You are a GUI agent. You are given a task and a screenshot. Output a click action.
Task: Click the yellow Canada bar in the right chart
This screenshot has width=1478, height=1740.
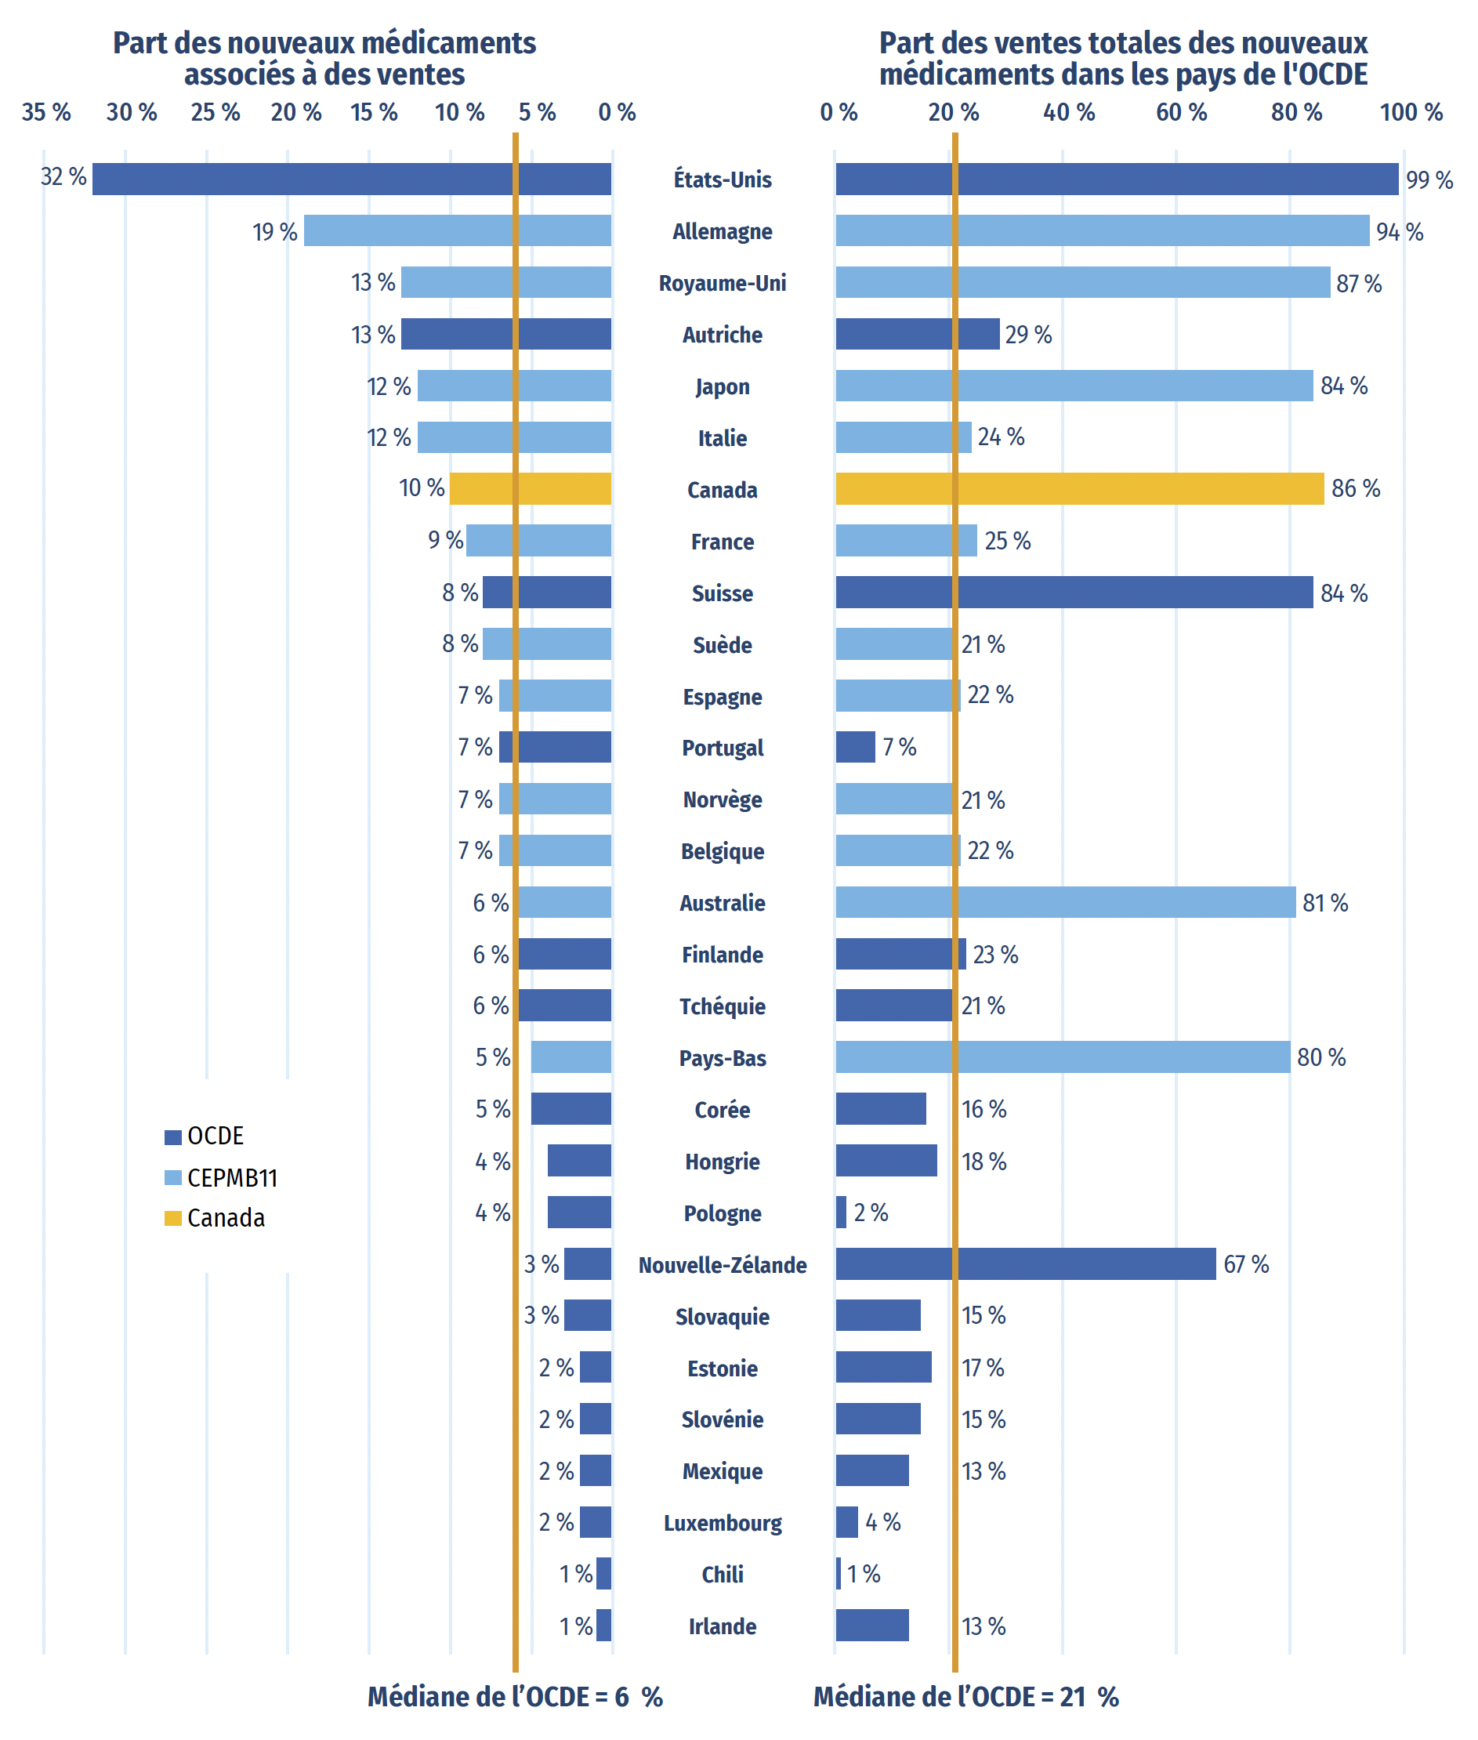pos(1080,488)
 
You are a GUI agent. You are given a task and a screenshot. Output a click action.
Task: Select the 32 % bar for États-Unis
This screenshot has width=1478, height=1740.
pos(352,179)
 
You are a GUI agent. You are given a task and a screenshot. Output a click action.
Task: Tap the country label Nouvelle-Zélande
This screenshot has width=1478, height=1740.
pos(723,1265)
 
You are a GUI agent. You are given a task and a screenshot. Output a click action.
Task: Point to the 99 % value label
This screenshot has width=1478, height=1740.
pos(1429,180)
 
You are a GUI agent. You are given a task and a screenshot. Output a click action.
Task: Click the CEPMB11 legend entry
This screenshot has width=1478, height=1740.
pos(220,1177)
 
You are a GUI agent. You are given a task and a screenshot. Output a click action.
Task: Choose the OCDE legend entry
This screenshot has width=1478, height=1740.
pos(204,1136)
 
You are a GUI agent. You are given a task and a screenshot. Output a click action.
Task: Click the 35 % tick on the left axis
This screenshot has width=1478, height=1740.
pos(46,111)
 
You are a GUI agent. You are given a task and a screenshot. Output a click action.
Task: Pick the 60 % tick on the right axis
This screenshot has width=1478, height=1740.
pos(1182,111)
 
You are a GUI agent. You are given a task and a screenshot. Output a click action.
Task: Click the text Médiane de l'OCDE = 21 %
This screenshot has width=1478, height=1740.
pos(966,1696)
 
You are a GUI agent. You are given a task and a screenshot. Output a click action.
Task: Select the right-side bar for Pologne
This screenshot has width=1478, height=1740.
pos(841,1212)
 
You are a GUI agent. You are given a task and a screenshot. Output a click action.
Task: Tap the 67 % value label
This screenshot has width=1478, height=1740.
pos(1246,1264)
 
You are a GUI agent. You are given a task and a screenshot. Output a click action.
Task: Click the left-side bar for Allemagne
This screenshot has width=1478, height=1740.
pos(458,230)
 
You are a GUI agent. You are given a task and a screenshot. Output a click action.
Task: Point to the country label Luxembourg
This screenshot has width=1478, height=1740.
pos(723,1523)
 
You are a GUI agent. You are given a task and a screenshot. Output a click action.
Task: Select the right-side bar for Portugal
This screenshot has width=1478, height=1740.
pos(856,747)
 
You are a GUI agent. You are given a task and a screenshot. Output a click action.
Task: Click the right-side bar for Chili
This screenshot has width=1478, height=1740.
pos(839,1573)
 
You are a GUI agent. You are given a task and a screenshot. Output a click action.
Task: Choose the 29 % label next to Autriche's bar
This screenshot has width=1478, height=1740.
pos(1028,335)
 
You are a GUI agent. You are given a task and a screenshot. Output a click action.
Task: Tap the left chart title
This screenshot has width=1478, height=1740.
pos(324,59)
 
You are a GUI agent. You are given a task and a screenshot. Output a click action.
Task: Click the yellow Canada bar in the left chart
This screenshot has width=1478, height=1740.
pos(531,488)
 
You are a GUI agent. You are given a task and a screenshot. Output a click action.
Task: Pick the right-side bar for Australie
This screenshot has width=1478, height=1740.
pos(1066,902)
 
